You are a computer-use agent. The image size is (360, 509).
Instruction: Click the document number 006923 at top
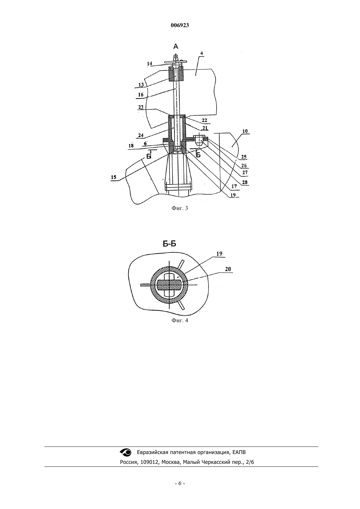coord(180,25)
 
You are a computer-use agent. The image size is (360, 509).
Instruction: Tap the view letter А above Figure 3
coord(176,46)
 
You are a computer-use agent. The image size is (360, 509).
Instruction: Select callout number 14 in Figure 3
coord(149,63)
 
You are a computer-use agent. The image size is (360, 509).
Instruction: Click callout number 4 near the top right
coord(201,53)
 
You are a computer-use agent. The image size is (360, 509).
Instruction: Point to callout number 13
coord(141,85)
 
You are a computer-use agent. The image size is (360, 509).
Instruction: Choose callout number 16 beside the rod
coord(141,95)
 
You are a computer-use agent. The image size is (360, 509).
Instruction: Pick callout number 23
coord(141,107)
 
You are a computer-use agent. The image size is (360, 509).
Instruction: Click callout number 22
coord(204,120)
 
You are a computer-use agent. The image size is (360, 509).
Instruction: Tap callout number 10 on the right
coord(245,131)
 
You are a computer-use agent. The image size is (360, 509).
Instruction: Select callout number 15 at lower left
coord(114,177)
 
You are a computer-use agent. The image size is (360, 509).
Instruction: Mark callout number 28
coord(244,182)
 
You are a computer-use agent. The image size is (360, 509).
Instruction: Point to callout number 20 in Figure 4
coord(228,269)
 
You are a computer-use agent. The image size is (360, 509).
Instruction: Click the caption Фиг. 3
coord(180,208)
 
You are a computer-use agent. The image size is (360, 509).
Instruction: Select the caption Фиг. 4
coord(180,320)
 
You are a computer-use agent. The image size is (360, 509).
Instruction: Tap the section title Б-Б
coord(170,244)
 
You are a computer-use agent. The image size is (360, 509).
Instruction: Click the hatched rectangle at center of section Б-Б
coord(169,285)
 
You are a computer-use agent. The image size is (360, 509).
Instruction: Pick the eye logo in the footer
coord(125,452)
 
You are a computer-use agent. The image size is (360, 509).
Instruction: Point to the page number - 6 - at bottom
coord(180,483)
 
